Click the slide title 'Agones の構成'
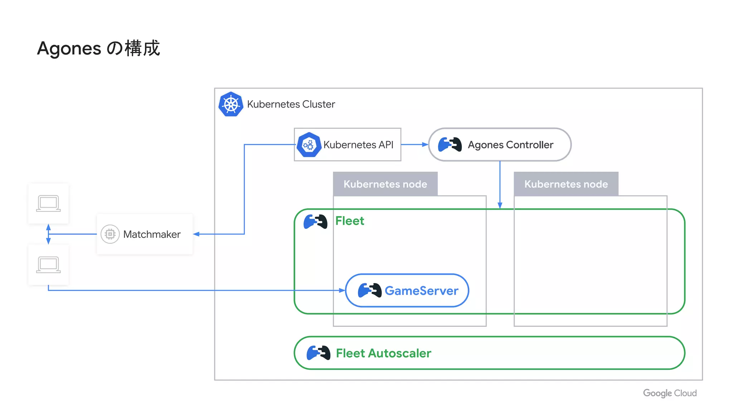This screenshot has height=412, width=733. (98, 48)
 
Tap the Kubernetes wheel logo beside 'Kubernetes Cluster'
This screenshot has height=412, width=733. (231, 104)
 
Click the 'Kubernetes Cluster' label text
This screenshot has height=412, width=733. (291, 104)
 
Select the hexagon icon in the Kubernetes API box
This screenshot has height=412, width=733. (309, 145)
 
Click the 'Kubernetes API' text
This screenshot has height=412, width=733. (358, 145)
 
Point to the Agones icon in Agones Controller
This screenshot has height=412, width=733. (450, 145)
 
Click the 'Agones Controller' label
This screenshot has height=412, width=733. (510, 145)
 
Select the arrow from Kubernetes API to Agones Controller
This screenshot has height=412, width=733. (414, 144)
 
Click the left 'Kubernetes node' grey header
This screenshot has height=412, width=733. (385, 184)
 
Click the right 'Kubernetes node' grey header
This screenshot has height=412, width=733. (566, 184)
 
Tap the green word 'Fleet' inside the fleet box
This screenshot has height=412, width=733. (349, 221)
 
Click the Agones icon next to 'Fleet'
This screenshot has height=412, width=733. (315, 222)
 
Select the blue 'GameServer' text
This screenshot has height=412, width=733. (421, 291)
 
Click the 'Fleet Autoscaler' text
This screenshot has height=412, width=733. (383, 353)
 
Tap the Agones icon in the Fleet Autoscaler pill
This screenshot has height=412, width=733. (318, 353)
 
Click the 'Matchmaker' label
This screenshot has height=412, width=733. (152, 234)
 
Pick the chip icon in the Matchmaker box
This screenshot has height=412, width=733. (110, 234)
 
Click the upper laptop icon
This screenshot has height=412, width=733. (48, 203)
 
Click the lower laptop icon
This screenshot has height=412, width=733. (48, 265)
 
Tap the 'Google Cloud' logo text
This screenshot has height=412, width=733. (670, 393)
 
